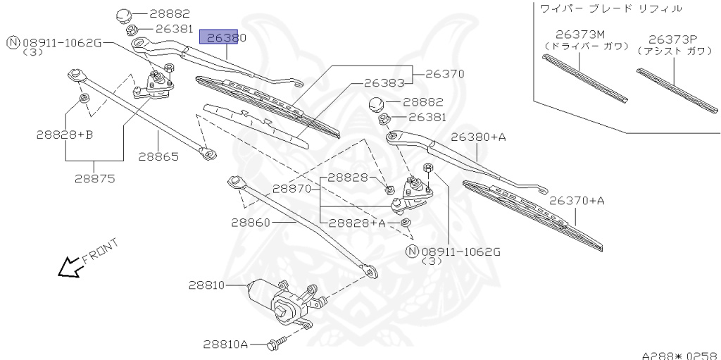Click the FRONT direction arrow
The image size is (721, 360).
[70, 266]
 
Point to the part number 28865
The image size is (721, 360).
[159, 157]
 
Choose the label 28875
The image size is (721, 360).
[94, 178]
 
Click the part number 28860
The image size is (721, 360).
[251, 222]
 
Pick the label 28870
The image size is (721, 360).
[292, 189]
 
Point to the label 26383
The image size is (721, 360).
[384, 82]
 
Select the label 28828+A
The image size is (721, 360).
[357, 223]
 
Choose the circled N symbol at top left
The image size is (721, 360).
[13, 43]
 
